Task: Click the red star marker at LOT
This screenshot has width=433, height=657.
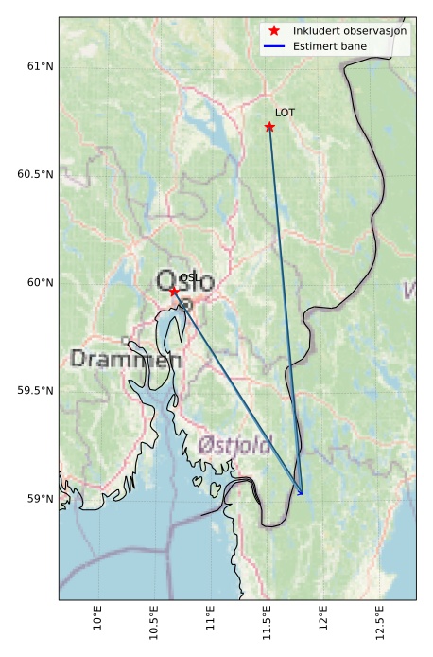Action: pos(269,127)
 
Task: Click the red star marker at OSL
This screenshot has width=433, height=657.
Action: pos(173,291)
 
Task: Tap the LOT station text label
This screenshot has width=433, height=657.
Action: pos(285,113)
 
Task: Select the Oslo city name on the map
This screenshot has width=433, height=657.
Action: pos(185,281)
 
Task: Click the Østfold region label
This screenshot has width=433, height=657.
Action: pos(235,444)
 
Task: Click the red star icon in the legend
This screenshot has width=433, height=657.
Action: pos(274,31)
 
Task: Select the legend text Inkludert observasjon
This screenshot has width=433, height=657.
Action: pos(350,31)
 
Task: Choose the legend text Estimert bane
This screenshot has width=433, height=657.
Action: pos(331,45)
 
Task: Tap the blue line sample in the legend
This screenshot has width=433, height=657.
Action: pos(274,45)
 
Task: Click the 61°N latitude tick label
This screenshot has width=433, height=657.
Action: pos(40,66)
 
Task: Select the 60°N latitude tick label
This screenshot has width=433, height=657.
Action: pos(40,282)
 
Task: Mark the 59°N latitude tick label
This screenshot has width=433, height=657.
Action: pos(40,498)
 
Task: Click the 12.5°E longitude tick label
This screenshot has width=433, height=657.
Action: pos(378,619)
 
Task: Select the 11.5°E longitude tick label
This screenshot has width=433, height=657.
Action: pos(267,619)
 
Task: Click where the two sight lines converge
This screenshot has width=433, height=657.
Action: pos(302,493)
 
